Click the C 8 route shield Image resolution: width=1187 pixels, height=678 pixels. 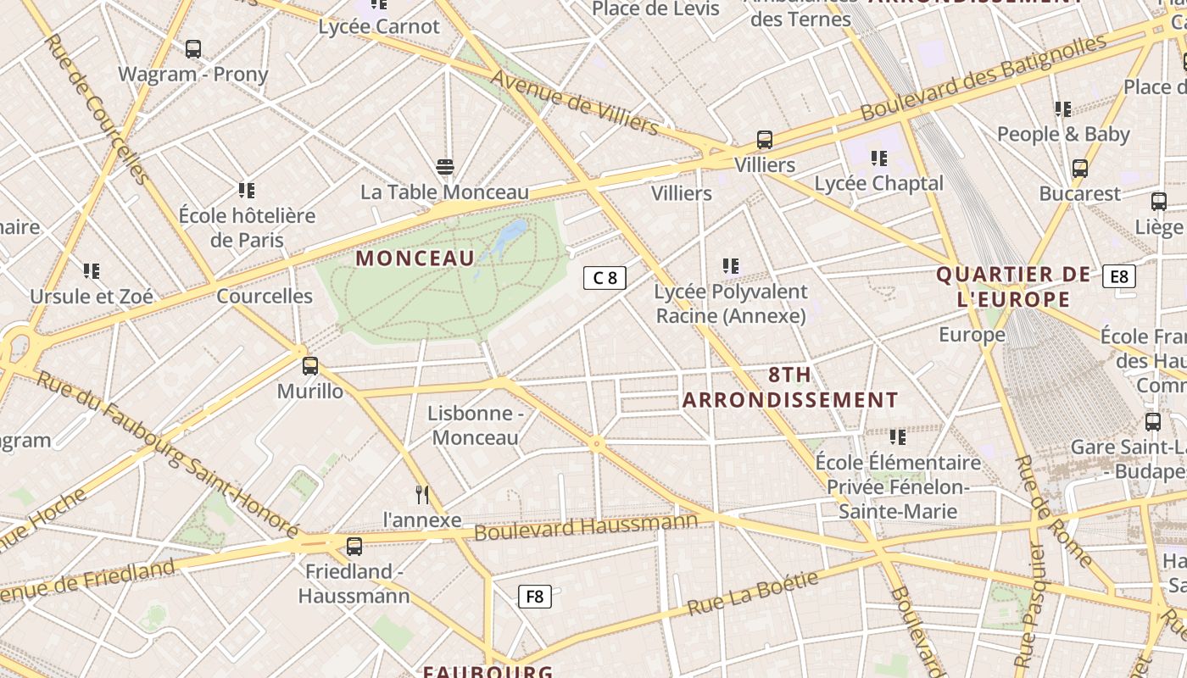(605, 277)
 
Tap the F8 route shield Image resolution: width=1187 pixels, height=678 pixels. (534, 596)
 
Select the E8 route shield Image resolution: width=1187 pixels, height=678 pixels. (1119, 275)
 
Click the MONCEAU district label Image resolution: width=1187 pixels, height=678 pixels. (415, 258)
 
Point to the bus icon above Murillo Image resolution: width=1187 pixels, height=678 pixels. (310, 366)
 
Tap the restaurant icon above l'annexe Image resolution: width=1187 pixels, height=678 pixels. (422, 495)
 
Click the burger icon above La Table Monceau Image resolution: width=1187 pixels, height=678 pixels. (445, 166)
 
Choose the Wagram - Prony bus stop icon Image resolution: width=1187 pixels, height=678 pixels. (193, 49)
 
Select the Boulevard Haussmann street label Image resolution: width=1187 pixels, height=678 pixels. (586, 527)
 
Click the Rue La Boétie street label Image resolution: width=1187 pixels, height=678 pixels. (753, 593)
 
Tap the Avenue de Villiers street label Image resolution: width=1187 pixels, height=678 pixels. (574, 103)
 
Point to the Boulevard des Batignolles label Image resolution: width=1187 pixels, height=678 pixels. (984, 76)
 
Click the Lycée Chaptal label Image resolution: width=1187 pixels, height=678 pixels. (878, 183)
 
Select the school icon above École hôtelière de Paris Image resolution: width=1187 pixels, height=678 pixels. (247, 190)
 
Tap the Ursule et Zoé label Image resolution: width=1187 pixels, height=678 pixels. (92, 297)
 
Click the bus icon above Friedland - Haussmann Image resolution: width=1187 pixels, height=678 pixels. (354, 547)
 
